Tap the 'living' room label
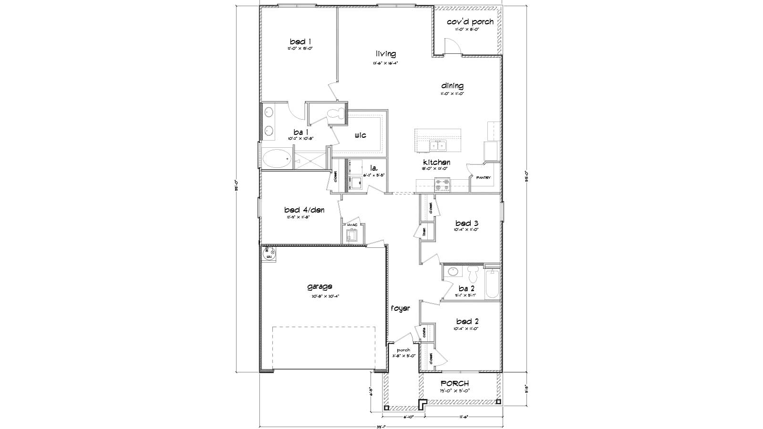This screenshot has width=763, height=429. pyautogui.click(x=385, y=54)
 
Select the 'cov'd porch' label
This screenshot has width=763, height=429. pyautogui.click(x=470, y=22)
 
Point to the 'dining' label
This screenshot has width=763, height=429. pyautogui.click(x=452, y=86)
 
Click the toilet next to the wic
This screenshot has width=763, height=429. pyautogui.click(x=337, y=113)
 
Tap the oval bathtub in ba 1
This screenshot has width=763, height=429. pyautogui.click(x=277, y=158)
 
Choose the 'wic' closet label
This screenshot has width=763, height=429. pyautogui.click(x=360, y=136)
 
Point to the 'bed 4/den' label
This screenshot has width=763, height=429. pyautogui.click(x=304, y=210)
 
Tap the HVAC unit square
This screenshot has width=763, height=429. pyautogui.click(x=352, y=235)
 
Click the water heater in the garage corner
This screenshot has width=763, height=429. pyautogui.click(x=268, y=252)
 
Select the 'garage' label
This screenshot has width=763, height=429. pyautogui.click(x=320, y=287)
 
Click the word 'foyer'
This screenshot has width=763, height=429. pyautogui.click(x=401, y=308)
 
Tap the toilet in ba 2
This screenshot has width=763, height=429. pyautogui.click(x=473, y=274)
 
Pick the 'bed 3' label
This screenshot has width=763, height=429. pyautogui.click(x=466, y=224)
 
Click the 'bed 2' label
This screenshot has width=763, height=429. pyautogui.click(x=466, y=322)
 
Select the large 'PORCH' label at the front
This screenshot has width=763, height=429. pyautogui.click(x=454, y=384)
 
